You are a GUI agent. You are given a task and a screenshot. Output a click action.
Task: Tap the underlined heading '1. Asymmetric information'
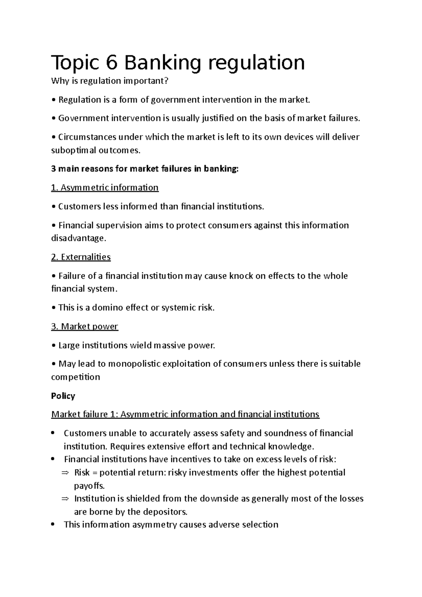pyautogui.click(x=105, y=188)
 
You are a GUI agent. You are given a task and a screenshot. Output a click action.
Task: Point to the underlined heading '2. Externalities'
pyautogui.click(x=81, y=257)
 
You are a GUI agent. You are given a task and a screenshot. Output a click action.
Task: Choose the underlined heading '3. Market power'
pyautogui.click(x=84, y=327)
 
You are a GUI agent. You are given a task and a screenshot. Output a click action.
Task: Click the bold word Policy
pyautogui.click(x=63, y=396)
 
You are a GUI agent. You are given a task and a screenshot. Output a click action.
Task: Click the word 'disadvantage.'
pyautogui.click(x=78, y=238)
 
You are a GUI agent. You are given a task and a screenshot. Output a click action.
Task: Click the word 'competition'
pyautogui.click(x=75, y=377)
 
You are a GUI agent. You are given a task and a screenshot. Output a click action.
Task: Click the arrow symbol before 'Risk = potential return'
pyautogui.click(x=65, y=473)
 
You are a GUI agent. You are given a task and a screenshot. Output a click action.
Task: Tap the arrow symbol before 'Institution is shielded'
pyautogui.click(x=65, y=499)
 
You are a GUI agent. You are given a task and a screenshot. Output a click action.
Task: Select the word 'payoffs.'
pyautogui.click(x=89, y=486)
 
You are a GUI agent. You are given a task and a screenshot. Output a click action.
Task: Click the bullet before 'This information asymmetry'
pyautogui.click(x=53, y=525)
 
